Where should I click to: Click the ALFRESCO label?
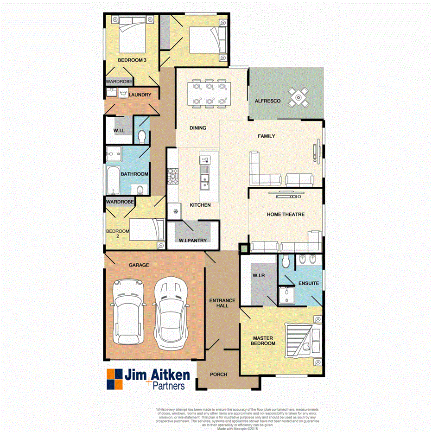(267, 101)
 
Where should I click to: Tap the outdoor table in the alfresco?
(298, 97)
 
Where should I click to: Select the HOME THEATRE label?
(286, 215)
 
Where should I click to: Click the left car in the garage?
(127, 308)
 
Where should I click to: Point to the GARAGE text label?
(139, 265)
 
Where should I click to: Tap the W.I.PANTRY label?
(192, 241)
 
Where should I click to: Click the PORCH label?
(218, 375)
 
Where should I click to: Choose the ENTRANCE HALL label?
(222, 303)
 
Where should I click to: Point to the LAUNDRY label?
(140, 95)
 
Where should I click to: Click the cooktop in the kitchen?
(173, 175)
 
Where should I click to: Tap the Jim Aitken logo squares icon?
(114, 379)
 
